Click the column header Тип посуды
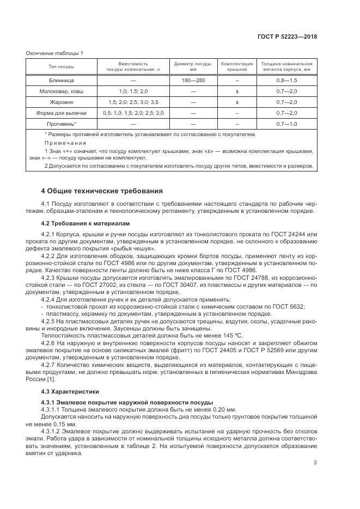(62, 67)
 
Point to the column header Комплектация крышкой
(237, 67)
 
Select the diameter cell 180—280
(193, 80)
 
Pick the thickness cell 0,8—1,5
(286, 80)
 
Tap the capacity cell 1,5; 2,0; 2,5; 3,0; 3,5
(133, 102)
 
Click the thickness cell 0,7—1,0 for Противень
(286, 124)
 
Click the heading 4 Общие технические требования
(101, 191)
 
